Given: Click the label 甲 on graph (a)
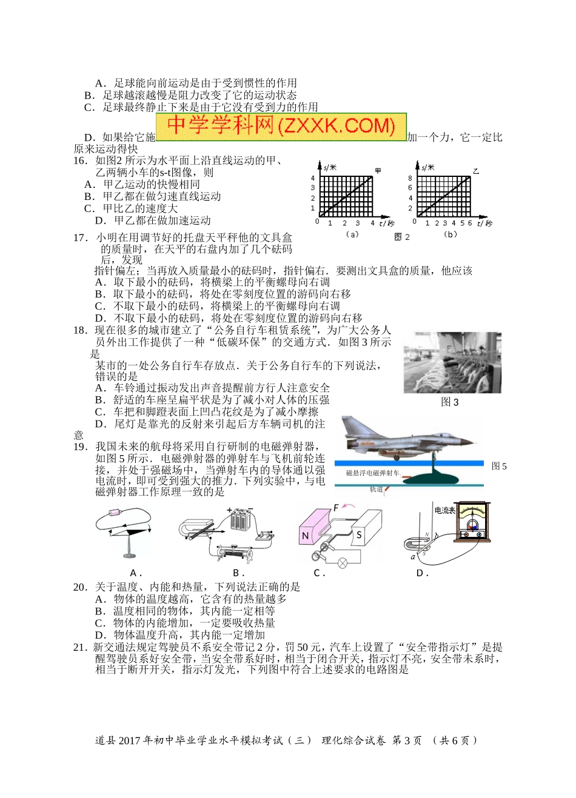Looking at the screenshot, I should click(378, 171).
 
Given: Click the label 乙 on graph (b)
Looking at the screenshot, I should click(476, 171).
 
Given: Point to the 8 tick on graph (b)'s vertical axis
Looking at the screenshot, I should click(410, 178).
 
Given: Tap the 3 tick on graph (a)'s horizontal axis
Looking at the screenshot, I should click(358, 223).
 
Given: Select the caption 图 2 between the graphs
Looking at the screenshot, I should click(402, 237).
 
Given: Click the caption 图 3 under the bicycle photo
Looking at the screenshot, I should click(450, 402).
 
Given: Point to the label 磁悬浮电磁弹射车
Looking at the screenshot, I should click(373, 473).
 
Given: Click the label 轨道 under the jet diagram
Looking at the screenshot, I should click(376, 489).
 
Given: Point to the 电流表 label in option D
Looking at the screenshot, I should click(444, 511).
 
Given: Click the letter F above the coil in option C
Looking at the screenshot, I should click(337, 508).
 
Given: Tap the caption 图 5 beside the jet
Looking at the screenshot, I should click(499, 466).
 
